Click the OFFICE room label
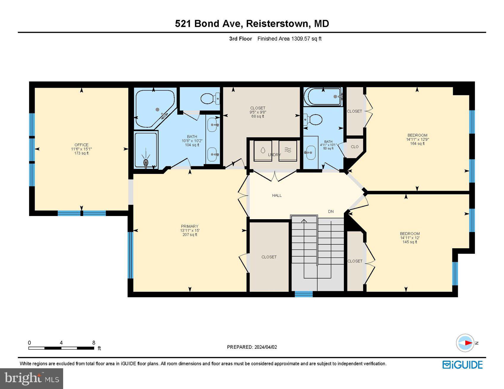coord(81,145)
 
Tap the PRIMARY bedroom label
coord(189,226)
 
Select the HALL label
coord(277,196)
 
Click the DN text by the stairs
coord(331,212)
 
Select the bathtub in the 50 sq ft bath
coord(324,97)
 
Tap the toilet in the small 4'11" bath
coord(314,120)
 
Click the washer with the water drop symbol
coord(263,151)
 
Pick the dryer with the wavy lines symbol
coord(288,151)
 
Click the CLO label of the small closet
coord(355,147)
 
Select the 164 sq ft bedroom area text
coord(417,144)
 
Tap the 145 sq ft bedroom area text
coord(410,242)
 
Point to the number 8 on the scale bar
coord(94,343)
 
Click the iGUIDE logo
coord(462,365)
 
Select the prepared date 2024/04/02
coord(265,347)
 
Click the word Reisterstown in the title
coord(277,24)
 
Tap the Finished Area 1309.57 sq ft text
coord(289,39)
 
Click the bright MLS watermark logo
coord(32,379)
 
